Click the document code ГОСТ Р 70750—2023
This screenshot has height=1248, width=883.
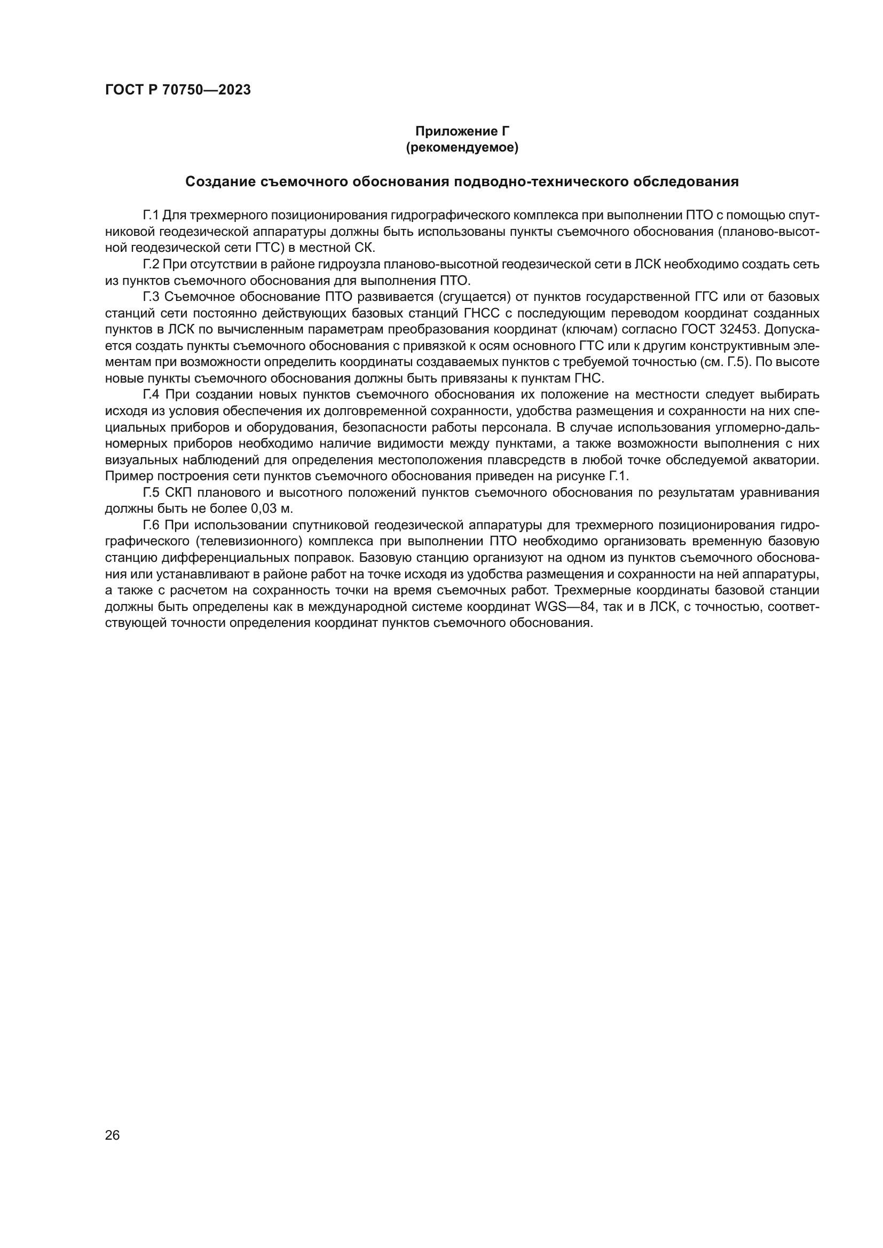[x=178, y=90]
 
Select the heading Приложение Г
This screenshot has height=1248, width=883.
[x=462, y=131]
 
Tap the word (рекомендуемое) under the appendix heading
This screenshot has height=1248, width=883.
[x=462, y=147]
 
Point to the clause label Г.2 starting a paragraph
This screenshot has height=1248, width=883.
[x=151, y=264]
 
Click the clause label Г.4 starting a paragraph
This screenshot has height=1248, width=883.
[x=151, y=395]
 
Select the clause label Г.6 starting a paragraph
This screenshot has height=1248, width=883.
[x=151, y=525]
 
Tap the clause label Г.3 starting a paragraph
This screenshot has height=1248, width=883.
[x=151, y=297]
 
